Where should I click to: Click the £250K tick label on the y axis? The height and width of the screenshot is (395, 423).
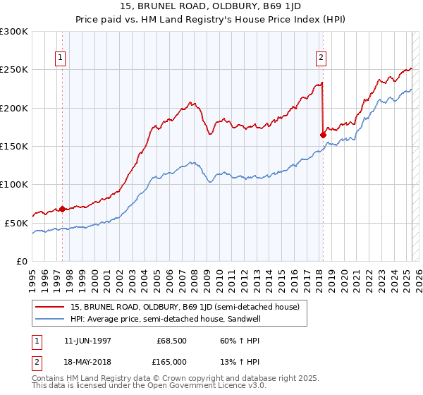tap(14, 70)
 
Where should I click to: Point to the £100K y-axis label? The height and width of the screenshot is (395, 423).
tap(14, 184)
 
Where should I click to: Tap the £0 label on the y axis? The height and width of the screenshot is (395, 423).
tap(22, 261)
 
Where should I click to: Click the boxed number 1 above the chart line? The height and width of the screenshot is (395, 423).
tap(61, 58)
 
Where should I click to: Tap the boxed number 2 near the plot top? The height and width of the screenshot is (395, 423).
tap(321, 58)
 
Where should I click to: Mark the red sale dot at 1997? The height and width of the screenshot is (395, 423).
tap(62, 209)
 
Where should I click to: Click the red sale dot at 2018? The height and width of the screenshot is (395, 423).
tap(323, 135)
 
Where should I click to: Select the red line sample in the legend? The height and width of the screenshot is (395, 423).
tap(50, 307)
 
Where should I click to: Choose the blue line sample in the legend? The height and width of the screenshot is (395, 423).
tap(50, 319)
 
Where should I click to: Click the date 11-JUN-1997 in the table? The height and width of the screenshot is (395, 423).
tap(87, 341)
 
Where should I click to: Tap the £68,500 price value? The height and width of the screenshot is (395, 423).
tap(170, 341)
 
